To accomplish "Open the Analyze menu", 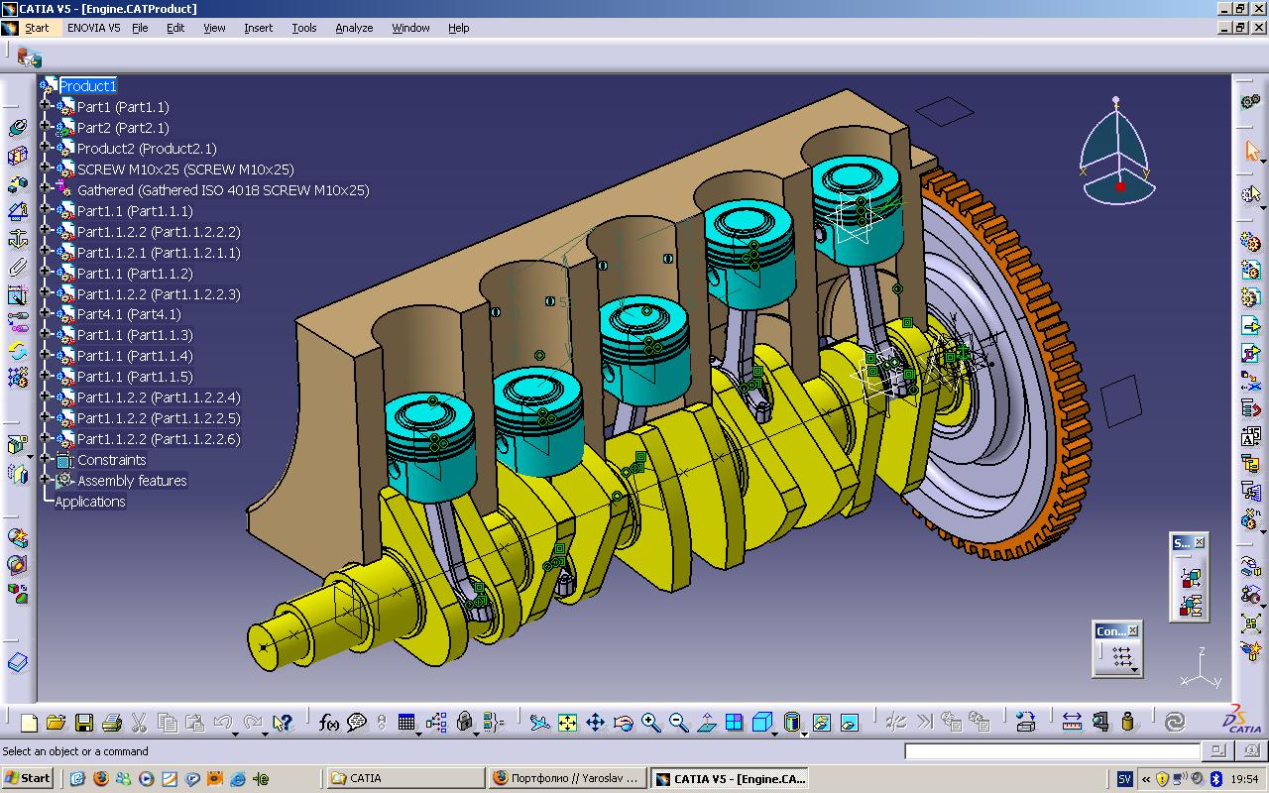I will click(x=353, y=28).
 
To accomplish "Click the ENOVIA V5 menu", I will click(x=93, y=28).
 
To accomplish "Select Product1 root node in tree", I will click(x=87, y=86).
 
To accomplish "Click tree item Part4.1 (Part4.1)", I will click(x=129, y=314).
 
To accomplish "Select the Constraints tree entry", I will click(x=111, y=460).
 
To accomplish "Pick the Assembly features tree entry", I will click(x=132, y=481).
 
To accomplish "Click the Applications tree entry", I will click(x=90, y=502).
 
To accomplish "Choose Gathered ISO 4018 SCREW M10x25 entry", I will click(x=222, y=190).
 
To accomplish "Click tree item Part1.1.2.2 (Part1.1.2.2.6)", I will click(x=159, y=439).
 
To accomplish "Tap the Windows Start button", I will click(x=28, y=778).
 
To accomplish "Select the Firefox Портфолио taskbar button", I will click(x=567, y=778).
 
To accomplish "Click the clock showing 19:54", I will click(x=1244, y=779).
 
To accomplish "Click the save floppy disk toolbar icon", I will click(x=84, y=723).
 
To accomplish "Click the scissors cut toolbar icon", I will click(x=139, y=723).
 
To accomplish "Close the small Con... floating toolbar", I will click(x=1133, y=630).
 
